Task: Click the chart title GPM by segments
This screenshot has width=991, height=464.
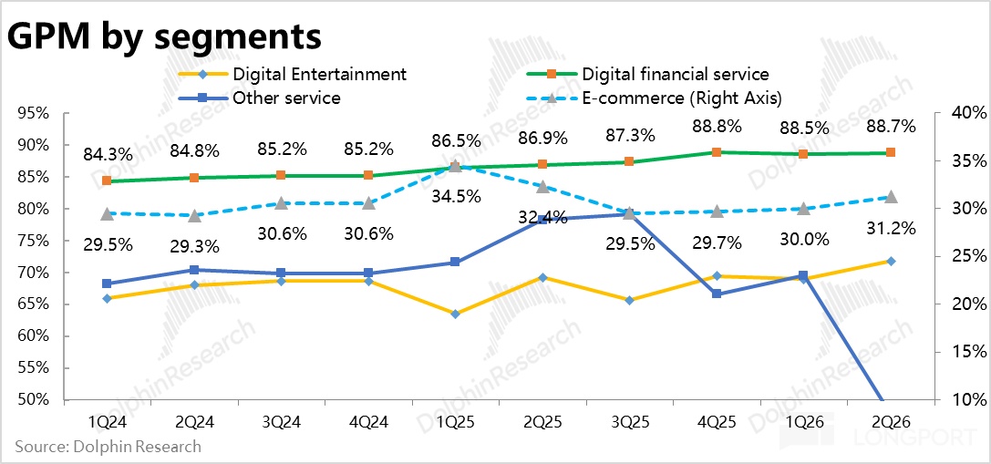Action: tap(164, 37)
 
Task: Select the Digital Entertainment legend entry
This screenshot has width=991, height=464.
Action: tap(293, 74)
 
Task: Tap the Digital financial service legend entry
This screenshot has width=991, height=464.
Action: tap(648, 74)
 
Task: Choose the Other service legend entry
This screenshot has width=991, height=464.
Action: tap(260, 98)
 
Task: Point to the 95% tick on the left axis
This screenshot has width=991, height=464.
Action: tap(32, 114)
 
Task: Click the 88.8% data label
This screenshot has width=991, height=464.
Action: tap(717, 127)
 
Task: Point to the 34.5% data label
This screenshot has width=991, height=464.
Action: tap(457, 196)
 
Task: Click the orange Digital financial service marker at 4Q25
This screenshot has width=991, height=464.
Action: tap(717, 152)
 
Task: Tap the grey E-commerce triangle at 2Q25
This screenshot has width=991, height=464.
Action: tap(542, 187)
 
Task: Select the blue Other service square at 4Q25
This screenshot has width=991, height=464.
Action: tap(717, 294)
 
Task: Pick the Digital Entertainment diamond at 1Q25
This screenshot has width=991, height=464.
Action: tap(456, 314)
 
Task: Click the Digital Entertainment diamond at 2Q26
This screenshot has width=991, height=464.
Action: tap(891, 261)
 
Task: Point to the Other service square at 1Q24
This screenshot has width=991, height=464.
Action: tap(107, 284)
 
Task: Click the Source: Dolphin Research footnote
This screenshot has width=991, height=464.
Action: tap(108, 447)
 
